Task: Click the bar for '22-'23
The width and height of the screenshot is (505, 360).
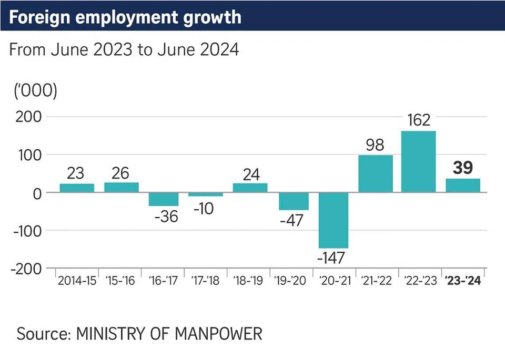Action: pyautogui.click(x=418, y=161)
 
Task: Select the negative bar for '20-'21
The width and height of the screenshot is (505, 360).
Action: pyautogui.click(x=334, y=220)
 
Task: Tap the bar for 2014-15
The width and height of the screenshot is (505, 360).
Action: pyautogui.click(x=77, y=188)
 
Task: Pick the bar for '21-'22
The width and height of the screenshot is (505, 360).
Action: pyautogui.click(x=376, y=173)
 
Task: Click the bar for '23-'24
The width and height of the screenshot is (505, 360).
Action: pyautogui.click(x=462, y=186)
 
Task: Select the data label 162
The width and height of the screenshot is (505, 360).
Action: pyautogui.click(x=419, y=120)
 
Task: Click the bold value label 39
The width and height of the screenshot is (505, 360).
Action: pyautogui.click(x=462, y=168)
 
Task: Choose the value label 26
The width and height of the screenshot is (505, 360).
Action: pyautogui.click(x=121, y=173)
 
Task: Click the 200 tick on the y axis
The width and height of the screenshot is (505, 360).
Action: pyautogui.click(x=28, y=117)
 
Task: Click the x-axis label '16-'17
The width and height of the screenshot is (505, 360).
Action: pyautogui.click(x=164, y=281)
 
